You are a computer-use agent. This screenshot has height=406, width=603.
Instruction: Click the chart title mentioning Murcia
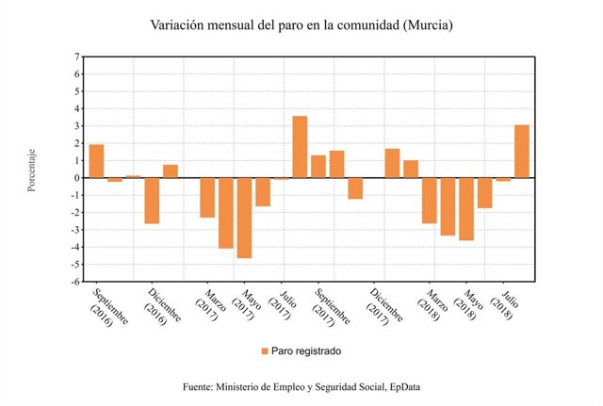pos(301,24)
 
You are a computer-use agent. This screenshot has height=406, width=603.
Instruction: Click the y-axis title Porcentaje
pos(31,170)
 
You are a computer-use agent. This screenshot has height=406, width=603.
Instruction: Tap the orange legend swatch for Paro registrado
pos(264,350)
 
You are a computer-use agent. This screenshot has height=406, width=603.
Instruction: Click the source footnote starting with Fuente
pos(301,387)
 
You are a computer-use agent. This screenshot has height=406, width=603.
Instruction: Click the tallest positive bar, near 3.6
pos(300,146)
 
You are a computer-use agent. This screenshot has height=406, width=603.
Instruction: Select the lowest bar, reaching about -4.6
pos(244,217)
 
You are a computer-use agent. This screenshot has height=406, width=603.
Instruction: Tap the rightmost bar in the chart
pos(521,151)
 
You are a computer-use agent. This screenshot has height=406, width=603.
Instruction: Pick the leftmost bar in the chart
pos(96,160)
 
